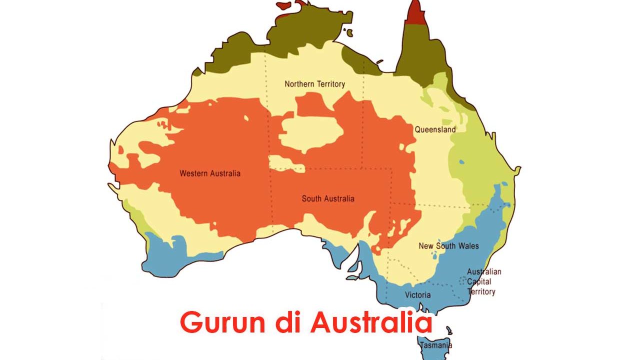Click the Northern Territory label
click(x=314, y=84)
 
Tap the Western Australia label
click(x=210, y=173)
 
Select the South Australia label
click(x=328, y=198)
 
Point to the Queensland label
click(x=435, y=129)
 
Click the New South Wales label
click(x=448, y=245)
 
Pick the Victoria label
click(x=417, y=294)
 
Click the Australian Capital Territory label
click(x=483, y=281)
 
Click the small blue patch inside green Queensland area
click(x=461, y=162)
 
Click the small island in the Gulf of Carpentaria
click(x=349, y=33)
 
